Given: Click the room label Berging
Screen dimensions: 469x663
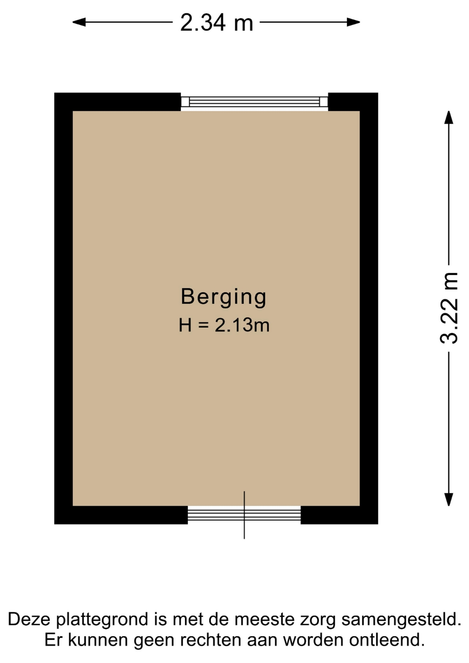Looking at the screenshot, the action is pyautogui.click(x=224, y=297).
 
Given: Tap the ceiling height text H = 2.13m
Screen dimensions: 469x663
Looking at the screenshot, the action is pyautogui.click(x=224, y=325).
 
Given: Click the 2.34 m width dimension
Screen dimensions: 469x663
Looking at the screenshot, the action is pyautogui.click(x=217, y=22).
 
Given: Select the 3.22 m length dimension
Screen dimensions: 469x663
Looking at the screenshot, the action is pyautogui.click(x=449, y=308).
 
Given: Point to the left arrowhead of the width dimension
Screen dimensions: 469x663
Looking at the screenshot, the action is pyautogui.click(x=79, y=22).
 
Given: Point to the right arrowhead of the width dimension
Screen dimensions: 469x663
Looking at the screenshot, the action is pyautogui.click(x=354, y=22).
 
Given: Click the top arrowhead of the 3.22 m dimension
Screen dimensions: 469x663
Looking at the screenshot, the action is pyautogui.click(x=449, y=117).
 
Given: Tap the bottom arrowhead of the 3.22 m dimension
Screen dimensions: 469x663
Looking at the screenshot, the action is pyautogui.click(x=449, y=500).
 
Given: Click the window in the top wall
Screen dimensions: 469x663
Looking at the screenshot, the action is pyautogui.click(x=255, y=102).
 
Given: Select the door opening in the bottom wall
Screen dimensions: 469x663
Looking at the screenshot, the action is pyautogui.click(x=244, y=515).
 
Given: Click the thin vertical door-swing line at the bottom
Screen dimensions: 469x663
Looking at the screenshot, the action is pyautogui.click(x=244, y=515).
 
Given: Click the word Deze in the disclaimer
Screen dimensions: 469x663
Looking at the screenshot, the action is pyautogui.click(x=29, y=619).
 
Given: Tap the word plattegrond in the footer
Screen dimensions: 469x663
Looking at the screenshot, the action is pyautogui.click(x=103, y=621).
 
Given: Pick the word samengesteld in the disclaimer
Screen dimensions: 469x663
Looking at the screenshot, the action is pyautogui.click(x=402, y=621).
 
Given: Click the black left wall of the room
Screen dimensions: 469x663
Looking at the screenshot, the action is pyautogui.click(x=64, y=308).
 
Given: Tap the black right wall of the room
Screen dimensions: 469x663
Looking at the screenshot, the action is pyautogui.click(x=369, y=308).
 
